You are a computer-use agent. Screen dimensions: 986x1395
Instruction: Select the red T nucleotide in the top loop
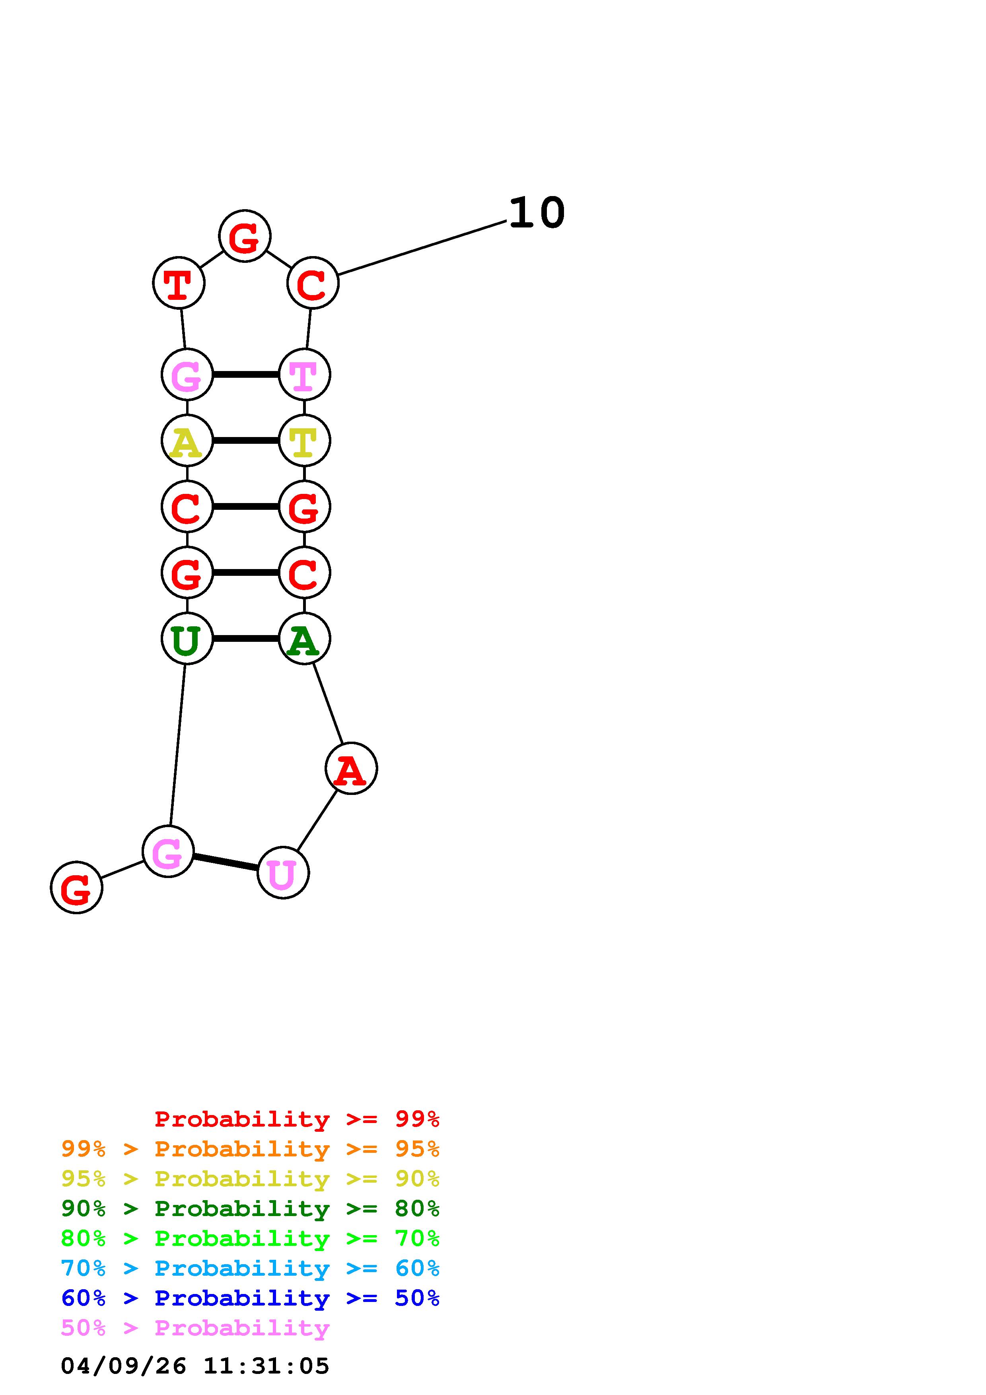click(x=179, y=283)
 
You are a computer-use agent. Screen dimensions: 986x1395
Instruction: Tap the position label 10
click(x=537, y=213)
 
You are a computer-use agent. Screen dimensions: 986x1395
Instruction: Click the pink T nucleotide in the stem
click(x=304, y=375)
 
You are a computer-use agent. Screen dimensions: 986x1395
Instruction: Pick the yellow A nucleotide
click(x=187, y=441)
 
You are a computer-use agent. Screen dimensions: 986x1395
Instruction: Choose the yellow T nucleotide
click(x=304, y=441)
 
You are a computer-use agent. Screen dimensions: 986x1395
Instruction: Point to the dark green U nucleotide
click(x=187, y=639)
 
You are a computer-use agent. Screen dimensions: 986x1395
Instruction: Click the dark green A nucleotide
click(x=304, y=639)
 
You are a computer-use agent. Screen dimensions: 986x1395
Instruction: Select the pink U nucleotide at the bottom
click(x=283, y=873)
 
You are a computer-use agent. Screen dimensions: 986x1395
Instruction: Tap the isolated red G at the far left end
click(x=76, y=888)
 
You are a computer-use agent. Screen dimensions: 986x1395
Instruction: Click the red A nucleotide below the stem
click(x=351, y=769)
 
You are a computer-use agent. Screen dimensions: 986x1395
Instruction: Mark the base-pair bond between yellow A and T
click(x=245, y=441)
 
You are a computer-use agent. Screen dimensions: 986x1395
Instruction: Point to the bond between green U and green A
click(x=245, y=639)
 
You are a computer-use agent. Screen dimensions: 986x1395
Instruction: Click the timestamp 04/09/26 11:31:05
click(x=195, y=1366)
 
